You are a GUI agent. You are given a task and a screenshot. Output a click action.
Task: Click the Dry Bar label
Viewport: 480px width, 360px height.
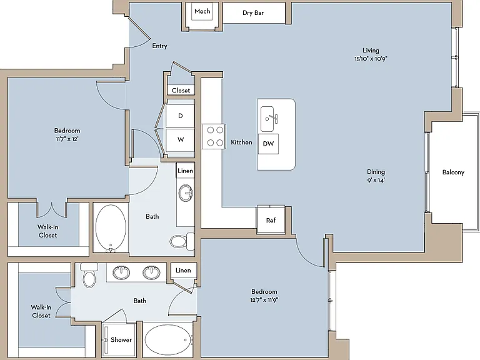point(253,13)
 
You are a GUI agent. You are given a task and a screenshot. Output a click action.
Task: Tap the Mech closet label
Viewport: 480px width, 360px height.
point(202,11)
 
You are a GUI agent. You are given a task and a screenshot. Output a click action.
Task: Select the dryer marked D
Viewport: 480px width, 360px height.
point(180,116)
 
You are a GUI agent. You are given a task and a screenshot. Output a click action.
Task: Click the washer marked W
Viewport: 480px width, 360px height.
point(180,140)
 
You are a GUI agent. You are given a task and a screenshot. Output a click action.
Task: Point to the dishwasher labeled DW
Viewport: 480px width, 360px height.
point(269,144)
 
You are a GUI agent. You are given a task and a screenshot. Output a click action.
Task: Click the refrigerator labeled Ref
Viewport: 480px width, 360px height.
point(271,220)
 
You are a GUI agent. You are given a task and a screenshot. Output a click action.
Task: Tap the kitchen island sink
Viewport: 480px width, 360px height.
point(267,119)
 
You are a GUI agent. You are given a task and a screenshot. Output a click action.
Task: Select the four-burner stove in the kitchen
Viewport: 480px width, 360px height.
point(215,136)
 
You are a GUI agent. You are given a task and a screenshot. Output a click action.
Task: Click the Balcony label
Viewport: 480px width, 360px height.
point(453,172)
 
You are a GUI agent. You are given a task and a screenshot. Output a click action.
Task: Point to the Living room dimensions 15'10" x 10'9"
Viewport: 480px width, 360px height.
point(371,59)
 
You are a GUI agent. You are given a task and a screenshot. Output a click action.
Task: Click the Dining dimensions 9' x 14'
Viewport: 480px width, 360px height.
point(376,180)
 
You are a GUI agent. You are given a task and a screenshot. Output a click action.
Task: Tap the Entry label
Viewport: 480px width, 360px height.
point(159,46)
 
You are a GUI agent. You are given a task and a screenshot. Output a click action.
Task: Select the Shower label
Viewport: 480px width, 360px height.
point(121,340)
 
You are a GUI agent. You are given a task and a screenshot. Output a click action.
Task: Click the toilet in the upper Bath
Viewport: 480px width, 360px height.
point(182,241)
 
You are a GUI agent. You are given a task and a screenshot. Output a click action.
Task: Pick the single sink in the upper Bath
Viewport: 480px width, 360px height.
point(186,193)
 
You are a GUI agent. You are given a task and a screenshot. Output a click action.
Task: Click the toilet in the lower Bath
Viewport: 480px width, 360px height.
point(89,275)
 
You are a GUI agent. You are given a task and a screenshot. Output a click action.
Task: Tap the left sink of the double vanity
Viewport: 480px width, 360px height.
point(121,272)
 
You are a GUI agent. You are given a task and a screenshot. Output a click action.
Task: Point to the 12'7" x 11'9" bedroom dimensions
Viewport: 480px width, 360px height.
point(264,300)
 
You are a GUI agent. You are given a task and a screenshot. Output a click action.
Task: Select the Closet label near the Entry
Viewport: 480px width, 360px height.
point(181,90)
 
